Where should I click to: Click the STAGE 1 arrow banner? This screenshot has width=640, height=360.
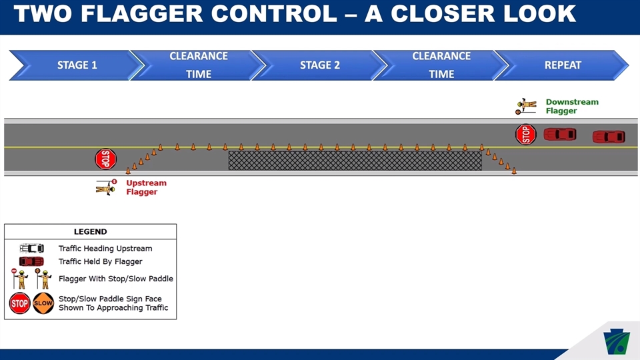point(77,65)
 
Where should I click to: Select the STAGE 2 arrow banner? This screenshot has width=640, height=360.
point(319,65)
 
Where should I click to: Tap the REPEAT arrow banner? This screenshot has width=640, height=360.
point(563,65)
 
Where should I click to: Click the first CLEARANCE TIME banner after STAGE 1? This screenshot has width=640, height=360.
point(198,65)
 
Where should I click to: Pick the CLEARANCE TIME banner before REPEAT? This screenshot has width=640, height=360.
point(441,65)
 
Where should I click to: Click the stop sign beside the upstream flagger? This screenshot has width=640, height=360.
point(105,159)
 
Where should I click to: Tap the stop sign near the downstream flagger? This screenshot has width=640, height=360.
point(526,134)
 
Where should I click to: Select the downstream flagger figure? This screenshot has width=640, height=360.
point(526,106)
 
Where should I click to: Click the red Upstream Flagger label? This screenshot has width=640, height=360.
point(146,187)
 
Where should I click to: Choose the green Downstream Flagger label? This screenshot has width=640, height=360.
point(571,106)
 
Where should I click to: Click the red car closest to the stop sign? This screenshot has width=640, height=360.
point(559,134)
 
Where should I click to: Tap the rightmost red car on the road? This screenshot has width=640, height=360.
point(609,137)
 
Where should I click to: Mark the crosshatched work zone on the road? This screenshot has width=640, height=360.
point(355,160)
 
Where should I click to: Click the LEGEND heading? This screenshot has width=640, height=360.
point(90,232)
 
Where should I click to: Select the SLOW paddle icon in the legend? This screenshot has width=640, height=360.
point(43,303)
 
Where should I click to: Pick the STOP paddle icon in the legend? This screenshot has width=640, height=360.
point(19,303)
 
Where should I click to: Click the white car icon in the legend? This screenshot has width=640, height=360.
point(31,249)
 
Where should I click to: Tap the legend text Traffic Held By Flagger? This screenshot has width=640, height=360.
point(100,261)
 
